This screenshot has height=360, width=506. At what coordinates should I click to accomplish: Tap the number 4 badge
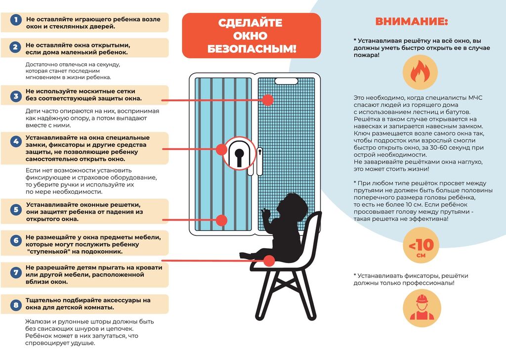coord(16,141)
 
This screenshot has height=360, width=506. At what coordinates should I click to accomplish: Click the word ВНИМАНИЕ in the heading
coord(412,22)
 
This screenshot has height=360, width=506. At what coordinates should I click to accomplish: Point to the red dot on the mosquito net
coord(267,100)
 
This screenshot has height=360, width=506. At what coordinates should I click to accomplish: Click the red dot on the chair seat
coord(269,260)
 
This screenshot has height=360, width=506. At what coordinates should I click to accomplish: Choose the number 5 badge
coord(16,210)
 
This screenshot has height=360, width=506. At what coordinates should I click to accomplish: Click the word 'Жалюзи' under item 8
coord(38,321)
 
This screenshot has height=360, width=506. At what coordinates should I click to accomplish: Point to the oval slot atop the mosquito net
coord(285,80)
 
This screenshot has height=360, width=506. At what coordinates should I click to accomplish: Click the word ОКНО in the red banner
coord(251,36)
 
